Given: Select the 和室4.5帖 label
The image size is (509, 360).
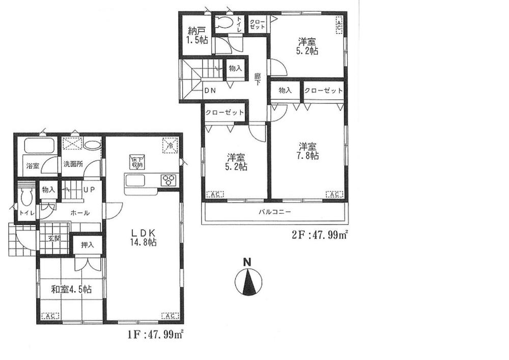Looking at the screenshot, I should (x=71, y=290).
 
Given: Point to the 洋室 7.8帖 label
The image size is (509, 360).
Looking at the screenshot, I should (x=308, y=151).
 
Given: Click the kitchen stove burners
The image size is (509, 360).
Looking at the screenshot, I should (x=168, y=180).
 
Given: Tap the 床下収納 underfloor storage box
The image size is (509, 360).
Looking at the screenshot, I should (x=136, y=161).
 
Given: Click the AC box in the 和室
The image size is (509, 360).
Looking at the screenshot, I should (x=50, y=316).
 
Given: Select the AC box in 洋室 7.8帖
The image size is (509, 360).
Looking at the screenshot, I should (x=334, y=194).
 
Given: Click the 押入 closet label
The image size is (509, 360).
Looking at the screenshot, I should (x=88, y=245).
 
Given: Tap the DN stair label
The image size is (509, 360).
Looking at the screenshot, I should (x=209, y=92).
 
